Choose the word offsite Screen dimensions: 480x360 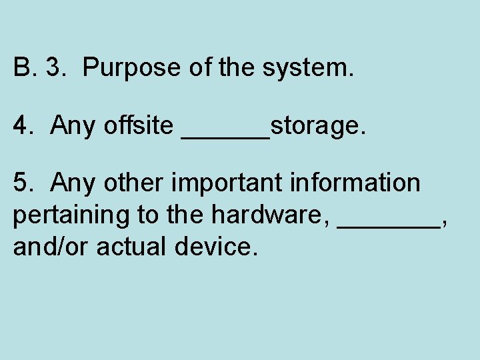(x=138, y=125)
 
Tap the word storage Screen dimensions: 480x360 (x=319, y=125)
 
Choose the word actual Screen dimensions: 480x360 (x=131, y=247)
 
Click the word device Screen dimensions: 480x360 (x=215, y=247)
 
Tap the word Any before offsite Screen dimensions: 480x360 (x=73, y=125)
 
